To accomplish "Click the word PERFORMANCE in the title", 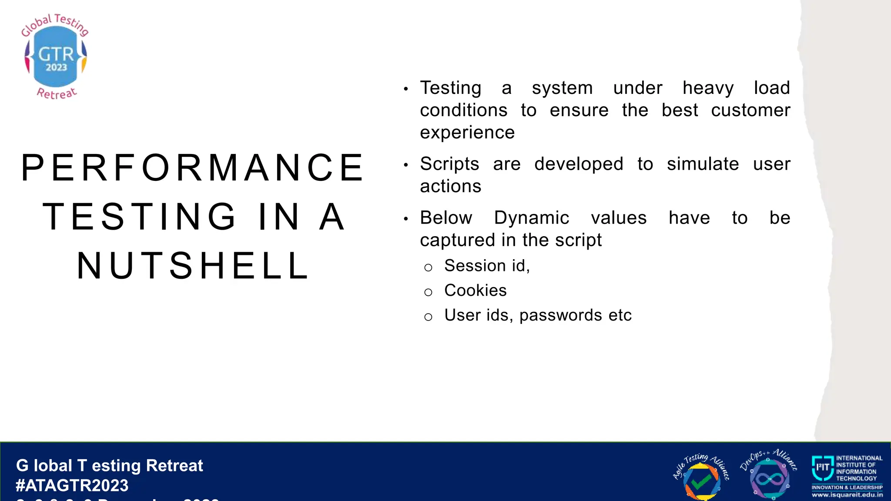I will click(x=192, y=168).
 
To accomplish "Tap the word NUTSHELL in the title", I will click(x=193, y=266).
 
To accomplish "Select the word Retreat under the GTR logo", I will click(x=57, y=93).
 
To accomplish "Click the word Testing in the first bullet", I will click(x=450, y=88).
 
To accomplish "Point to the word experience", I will click(x=467, y=133).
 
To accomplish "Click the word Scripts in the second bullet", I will click(x=449, y=164).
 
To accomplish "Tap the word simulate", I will click(x=703, y=164).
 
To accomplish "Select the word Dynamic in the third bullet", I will click(x=531, y=218).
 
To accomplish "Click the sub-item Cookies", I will click(x=475, y=291).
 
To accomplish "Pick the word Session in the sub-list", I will click(x=470, y=266).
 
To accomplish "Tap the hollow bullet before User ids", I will click(x=428, y=317).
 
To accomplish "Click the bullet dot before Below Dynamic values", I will click(x=405, y=219).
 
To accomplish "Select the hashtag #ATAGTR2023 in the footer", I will click(x=72, y=485).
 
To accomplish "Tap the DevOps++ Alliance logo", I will click(x=769, y=475).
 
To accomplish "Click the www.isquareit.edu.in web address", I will click(x=847, y=495).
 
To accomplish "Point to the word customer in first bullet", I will click(x=750, y=110).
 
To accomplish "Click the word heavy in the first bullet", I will click(x=708, y=88).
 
